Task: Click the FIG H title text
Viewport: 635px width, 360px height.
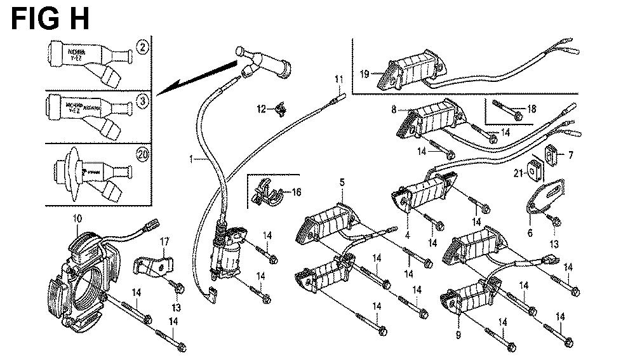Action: (x=50, y=18)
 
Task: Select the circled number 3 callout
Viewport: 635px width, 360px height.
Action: (x=143, y=100)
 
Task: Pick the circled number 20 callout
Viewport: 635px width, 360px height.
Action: (x=142, y=153)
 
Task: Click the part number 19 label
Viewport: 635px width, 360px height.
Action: (x=364, y=74)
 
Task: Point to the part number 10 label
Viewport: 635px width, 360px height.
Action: (x=77, y=219)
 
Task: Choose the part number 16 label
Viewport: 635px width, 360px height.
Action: (x=297, y=190)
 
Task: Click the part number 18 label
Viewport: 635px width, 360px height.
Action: (x=532, y=109)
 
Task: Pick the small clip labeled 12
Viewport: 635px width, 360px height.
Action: (x=277, y=111)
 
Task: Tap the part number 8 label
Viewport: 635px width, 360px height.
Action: (x=394, y=109)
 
